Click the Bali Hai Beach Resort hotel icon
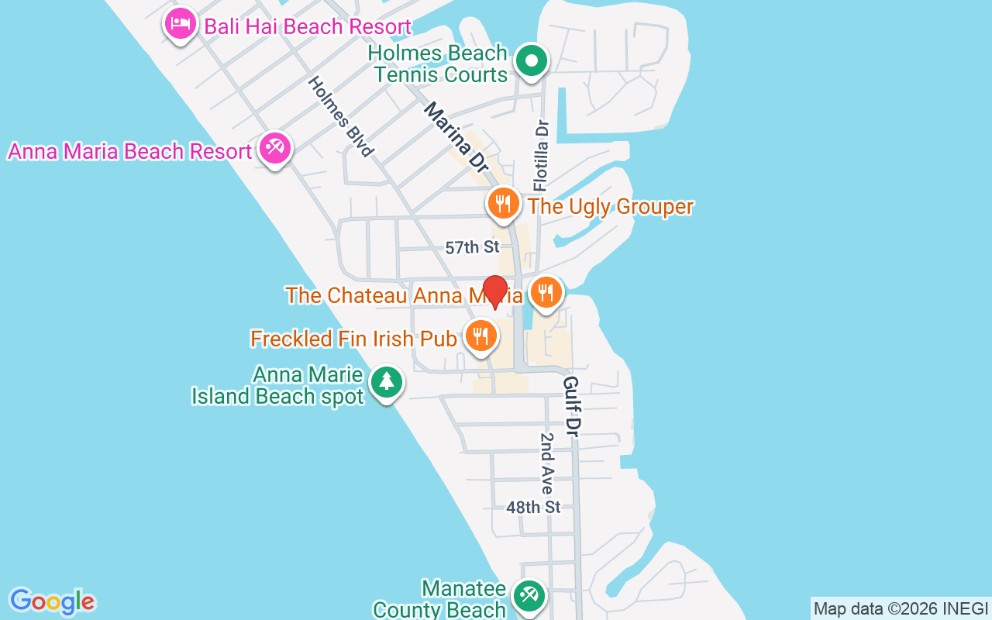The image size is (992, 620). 181,25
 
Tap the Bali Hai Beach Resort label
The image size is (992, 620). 307,26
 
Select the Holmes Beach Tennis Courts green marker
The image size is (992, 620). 532,61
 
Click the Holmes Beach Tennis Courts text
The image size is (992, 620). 439,64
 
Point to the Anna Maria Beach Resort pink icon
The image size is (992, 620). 274,147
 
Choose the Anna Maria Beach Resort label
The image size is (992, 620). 130,151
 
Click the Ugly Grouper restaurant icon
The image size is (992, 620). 503,204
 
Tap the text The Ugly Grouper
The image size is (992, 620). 610,207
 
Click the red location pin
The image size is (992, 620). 494,292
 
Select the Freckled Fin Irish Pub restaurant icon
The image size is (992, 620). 480,336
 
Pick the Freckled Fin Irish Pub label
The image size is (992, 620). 353,339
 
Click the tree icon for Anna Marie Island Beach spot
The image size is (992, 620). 386,382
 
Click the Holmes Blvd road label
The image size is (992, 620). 341,116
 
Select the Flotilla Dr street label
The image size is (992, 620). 541,155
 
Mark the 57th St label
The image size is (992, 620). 472,248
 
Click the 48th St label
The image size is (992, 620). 533,508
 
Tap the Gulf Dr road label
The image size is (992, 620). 573,406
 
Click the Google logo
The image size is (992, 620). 52,601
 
